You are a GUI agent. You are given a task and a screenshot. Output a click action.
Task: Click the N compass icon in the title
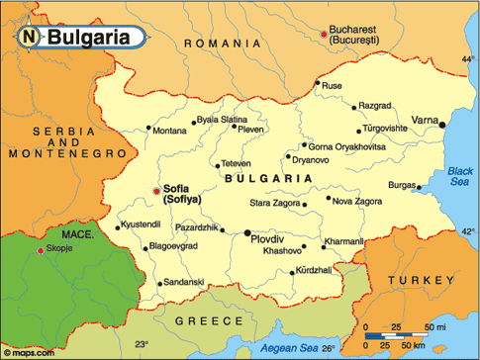tap(30, 38)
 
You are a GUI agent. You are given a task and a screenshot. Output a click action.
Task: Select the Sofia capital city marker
tap(155, 191)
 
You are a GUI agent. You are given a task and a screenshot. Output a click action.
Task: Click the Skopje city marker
tap(40, 251)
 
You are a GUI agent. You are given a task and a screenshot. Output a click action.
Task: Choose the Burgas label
tap(402, 185)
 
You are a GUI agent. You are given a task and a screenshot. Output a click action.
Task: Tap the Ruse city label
tap(333, 86)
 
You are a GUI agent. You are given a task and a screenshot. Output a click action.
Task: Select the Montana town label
tap(169, 131)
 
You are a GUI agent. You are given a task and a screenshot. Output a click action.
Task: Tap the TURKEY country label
tap(419, 281)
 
